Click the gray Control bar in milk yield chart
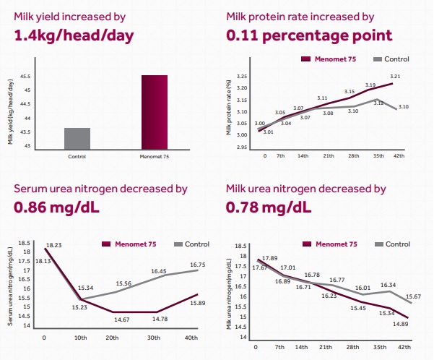[x=77, y=139]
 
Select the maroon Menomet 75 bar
[x=155, y=112]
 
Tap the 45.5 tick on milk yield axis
[x=25, y=77]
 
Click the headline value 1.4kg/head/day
[x=74, y=35]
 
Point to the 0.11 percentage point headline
[x=309, y=35]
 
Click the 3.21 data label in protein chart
[x=395, y=76]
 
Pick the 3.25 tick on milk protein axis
[x=242, y=77]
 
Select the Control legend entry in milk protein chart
[x=391, y=59]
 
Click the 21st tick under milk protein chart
[x=329, y=155]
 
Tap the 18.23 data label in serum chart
[x=53, y=245]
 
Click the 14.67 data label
[x=122, y=320]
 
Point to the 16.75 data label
[x=198, y=265]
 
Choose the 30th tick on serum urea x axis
[x=154, y=338]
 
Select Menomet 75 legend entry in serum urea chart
[x=129, y=244]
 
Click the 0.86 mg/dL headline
[x=56, y=207]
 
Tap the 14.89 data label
[x=401, y=324]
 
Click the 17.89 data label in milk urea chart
[x=269, y=258]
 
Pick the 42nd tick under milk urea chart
[x=404, y=347]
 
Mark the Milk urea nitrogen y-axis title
[x=229, y=294]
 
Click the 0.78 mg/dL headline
[x=269, y=207]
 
